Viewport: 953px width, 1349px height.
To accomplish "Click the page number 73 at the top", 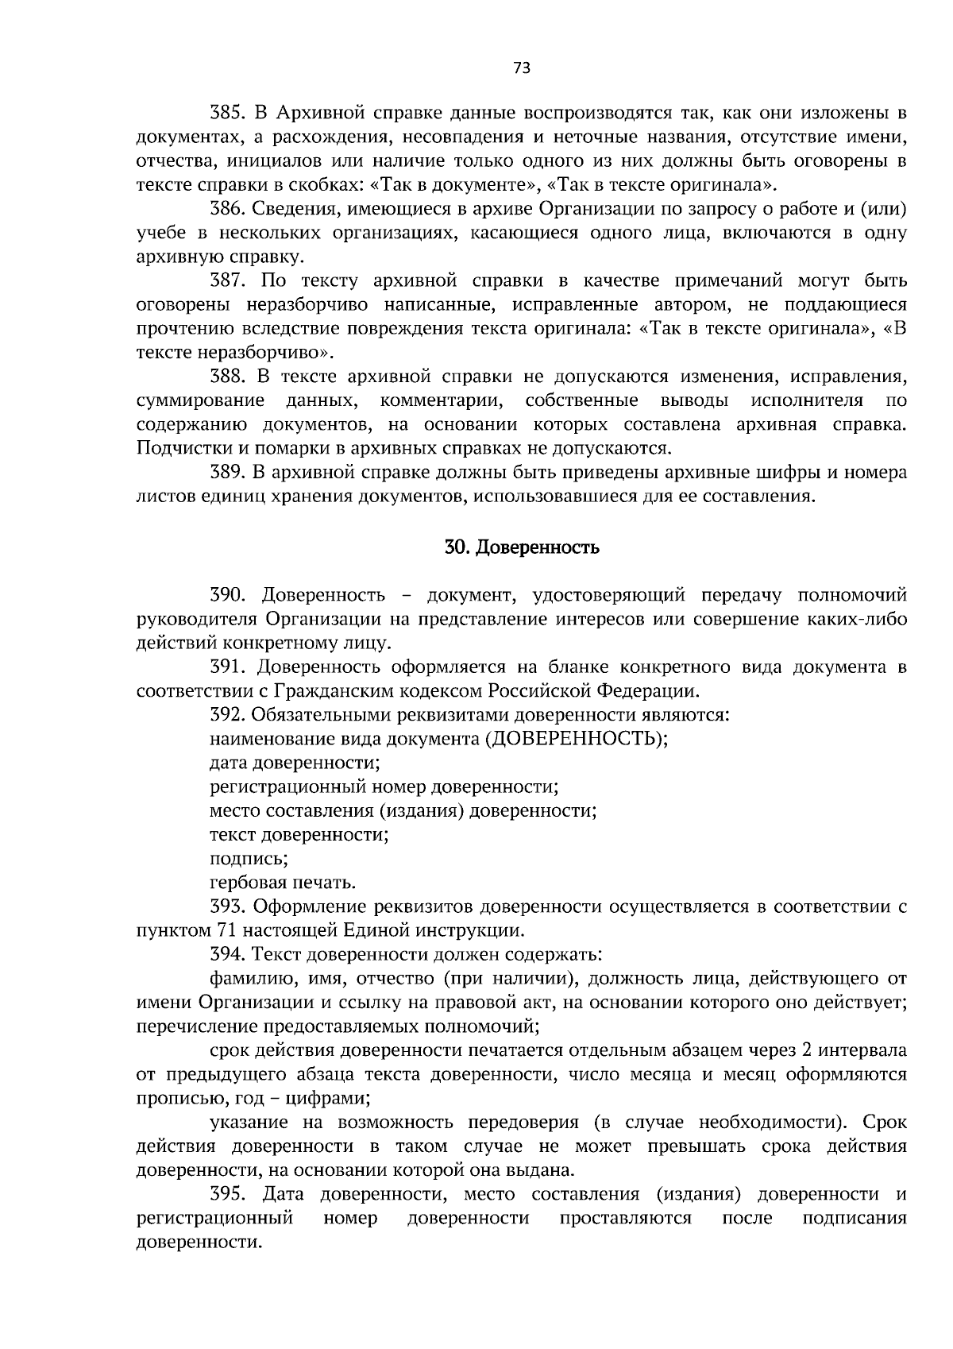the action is [x=522, y=68].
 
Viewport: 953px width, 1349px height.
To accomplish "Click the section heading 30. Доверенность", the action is [x=522, y=547].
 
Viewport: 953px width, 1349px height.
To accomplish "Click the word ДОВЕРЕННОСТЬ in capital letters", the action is [x=573, y=739].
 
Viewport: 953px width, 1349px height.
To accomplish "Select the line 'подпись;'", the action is [x=249, y=859].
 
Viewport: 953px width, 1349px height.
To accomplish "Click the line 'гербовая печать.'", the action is [x=283, y=883].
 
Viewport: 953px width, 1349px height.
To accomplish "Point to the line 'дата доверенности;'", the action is [x=295, y=763].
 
